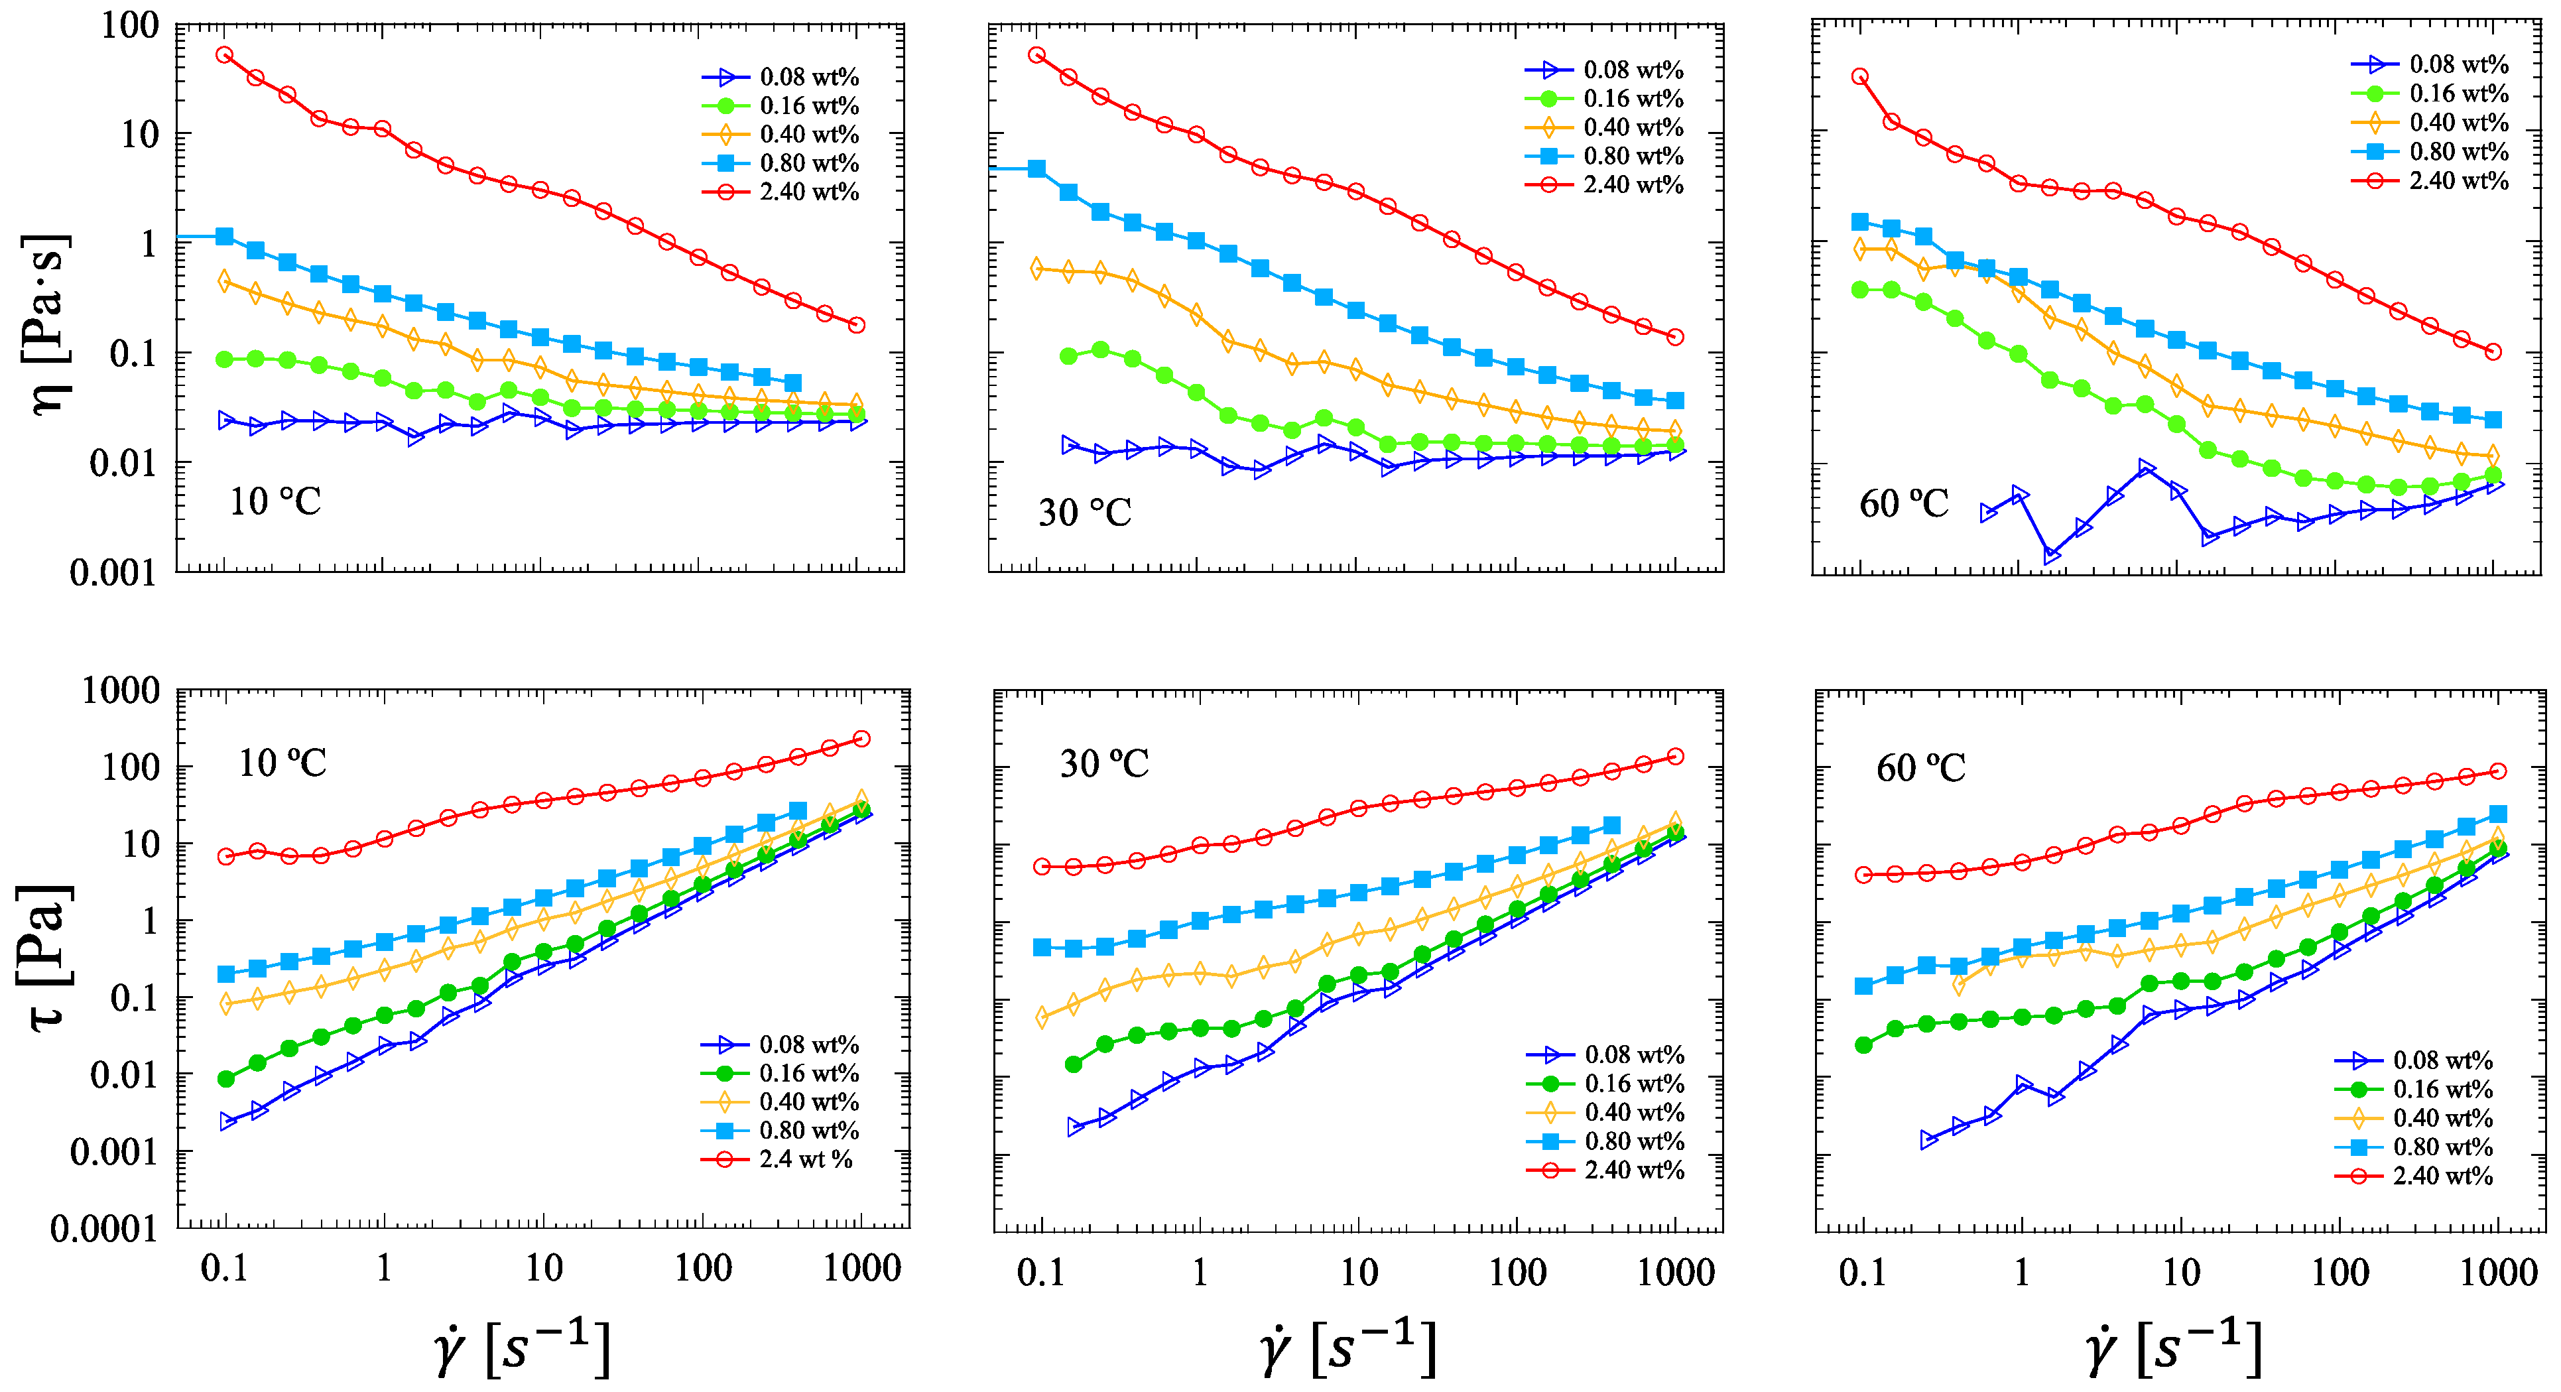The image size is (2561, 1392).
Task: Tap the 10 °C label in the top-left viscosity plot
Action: [275, 501]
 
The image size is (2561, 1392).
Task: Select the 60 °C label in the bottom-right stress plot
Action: [1920, 767]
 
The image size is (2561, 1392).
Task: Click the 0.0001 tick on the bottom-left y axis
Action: [104, 1230]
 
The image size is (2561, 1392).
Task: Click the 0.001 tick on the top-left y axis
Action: [114, 573]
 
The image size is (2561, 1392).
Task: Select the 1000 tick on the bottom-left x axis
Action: [861, 1269]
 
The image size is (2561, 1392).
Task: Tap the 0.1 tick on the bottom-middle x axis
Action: [1041, 1273]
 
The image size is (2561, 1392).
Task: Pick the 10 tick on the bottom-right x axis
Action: [2180, 1273]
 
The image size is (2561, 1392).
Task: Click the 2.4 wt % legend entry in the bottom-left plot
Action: [805, 1159]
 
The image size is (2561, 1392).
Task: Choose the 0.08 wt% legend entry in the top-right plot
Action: [2458, 64]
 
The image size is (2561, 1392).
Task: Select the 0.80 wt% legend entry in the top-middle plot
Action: [1633, 156]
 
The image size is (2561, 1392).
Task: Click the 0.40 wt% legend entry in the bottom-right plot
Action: [2442, 1119]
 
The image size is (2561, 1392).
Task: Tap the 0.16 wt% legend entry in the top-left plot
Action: [808, 105]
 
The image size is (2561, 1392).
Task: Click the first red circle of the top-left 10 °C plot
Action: [225, 54]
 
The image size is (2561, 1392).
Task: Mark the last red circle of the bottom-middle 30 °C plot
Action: [1675, 757]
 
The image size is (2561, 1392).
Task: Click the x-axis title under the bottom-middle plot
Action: [1347, 1350]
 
